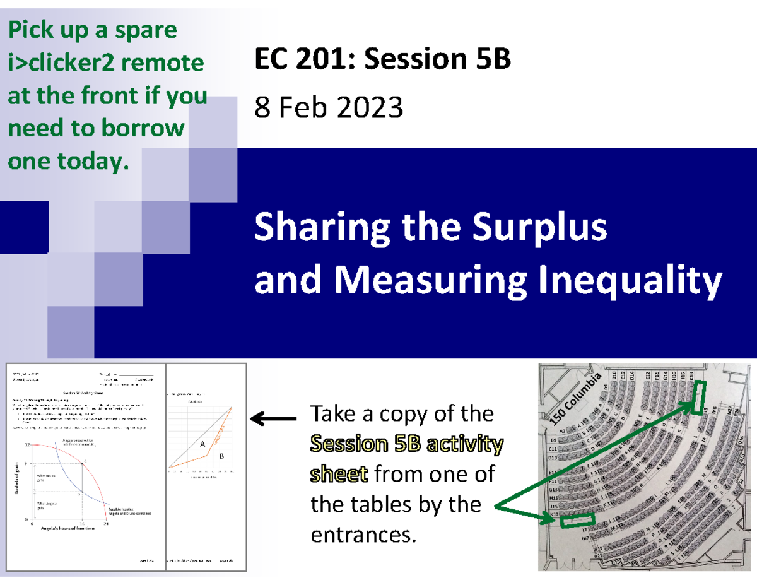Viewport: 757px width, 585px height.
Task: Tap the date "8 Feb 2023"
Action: point(328,109)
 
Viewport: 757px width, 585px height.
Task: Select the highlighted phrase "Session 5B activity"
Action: point(407,445)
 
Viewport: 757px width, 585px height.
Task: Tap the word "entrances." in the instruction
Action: point(364,535)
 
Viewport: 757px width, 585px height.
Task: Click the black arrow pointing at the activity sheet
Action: point(273,418)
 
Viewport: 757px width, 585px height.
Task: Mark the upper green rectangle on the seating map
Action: point(698,399)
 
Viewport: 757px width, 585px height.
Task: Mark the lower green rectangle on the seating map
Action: point(577,521)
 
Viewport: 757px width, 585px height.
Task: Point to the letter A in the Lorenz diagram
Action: point(202,444)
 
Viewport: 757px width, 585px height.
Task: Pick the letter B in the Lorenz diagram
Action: point(221,455)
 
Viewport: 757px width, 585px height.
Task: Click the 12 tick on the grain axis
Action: point(27,445)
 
